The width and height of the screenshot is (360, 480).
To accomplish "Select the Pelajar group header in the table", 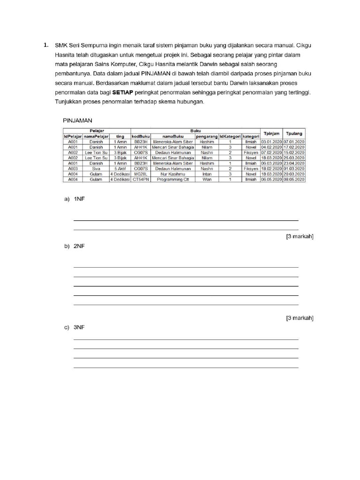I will point(97,131).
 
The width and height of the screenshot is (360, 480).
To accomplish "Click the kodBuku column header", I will point(141,136).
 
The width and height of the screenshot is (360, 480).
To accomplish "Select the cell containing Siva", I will point(96,168).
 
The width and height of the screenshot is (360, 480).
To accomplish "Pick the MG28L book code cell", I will point(141,173).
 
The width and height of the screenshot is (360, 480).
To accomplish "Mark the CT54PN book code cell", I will point(141,179).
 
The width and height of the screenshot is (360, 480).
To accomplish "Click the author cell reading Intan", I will point(207,173).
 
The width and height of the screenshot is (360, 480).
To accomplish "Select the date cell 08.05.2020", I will point(294,179).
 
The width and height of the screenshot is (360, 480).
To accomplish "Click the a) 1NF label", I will point(75,199).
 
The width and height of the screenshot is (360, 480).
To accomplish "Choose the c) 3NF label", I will point(75,328).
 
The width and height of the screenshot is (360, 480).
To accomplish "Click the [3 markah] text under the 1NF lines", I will point(300,237).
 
